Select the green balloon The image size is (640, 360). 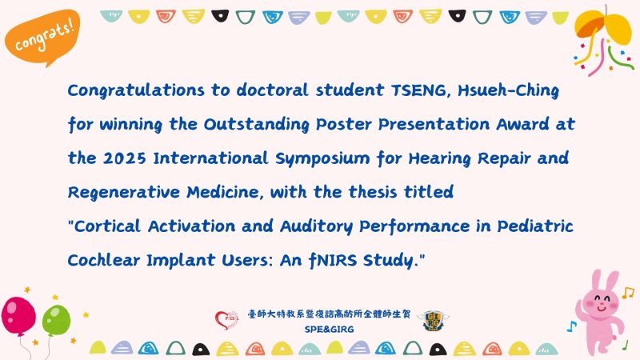[x=55, y=317]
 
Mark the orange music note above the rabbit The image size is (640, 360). [x=627, y=293]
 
